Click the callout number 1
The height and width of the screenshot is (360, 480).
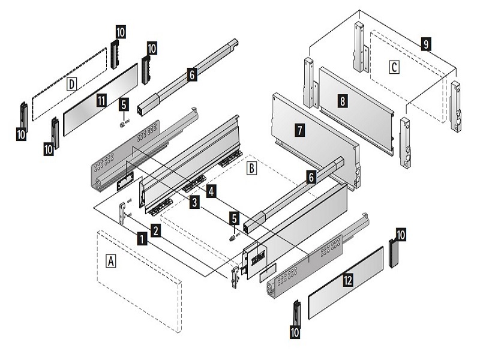[x=142, y=238]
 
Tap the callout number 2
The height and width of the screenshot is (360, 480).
[x=155, y=230]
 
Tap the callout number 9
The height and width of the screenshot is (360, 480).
[x=425, y=44]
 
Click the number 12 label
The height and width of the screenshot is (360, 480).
[x=347, y=280]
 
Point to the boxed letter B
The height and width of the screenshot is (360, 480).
[x=253, y=168]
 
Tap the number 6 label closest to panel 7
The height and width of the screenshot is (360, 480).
[x=310, y=177]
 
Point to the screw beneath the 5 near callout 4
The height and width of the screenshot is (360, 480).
[x=233, y=236]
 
